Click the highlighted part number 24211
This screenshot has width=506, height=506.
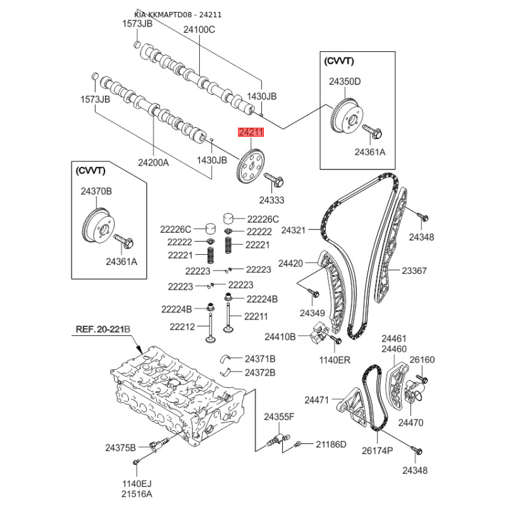pos(250,132)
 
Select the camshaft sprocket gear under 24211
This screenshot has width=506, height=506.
pos(250,166)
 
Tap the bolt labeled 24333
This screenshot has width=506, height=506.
pos(274,180)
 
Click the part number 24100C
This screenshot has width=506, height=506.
pos(199,30)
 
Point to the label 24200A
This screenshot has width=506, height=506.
pos(153,163)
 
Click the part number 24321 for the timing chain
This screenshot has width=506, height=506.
pos(293,230)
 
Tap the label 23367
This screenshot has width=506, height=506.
pos(414,271)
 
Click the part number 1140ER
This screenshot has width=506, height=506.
pos(335,360)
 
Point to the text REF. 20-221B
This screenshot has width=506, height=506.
pos(103,329)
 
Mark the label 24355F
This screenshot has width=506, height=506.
pos(279,417)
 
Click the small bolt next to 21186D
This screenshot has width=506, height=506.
pos(297,445)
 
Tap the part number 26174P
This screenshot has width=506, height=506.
pos(377,450)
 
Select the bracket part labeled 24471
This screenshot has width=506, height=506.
pos(352,407)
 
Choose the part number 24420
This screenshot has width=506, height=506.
pos(290,263)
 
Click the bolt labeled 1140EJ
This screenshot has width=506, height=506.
pos(136,463)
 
